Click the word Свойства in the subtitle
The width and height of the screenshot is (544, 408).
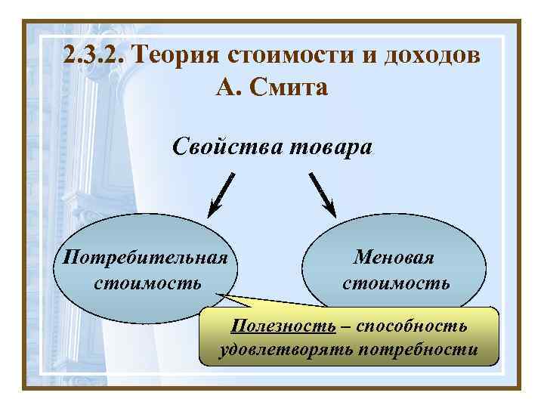click(x=227, y=144)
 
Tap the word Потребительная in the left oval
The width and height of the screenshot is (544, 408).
click(x=145, y=258)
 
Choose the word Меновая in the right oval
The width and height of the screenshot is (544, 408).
click(x=394, y=258)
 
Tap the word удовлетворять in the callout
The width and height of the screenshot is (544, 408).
click(x=288, y=350)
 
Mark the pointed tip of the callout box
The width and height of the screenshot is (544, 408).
click(x=216, y=295)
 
